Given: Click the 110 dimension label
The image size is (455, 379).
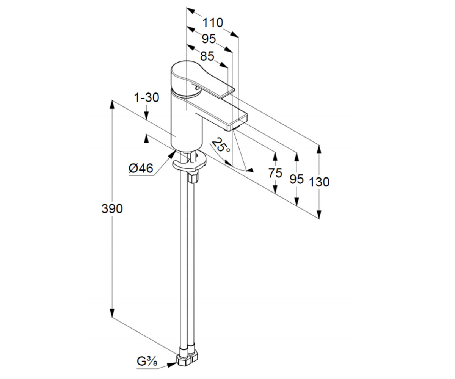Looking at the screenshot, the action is tap(213, 23).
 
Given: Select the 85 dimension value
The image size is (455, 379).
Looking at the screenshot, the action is tap(207, 56).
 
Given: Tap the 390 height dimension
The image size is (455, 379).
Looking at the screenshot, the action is tap(112, 208).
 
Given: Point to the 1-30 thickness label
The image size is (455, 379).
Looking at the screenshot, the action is tap(147, 97).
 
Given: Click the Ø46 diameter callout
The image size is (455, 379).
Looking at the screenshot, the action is tap(141, 168).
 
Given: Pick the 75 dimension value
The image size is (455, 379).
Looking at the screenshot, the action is tap(275, 173).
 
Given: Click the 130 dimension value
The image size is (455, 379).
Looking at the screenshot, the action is tap(319, 182).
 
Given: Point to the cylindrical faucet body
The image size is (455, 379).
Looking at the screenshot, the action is tap(187, 122).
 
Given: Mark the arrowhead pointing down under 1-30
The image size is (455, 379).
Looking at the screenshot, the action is tap(146, 115).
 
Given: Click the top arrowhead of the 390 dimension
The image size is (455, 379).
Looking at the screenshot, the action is tap(112, 104).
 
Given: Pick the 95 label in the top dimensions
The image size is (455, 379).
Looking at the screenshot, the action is tap(209, 39).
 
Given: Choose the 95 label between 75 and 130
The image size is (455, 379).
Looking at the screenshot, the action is tap(297, 179).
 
